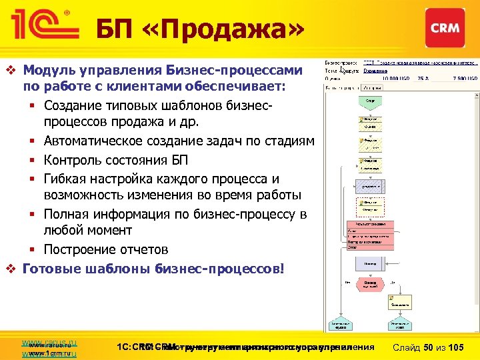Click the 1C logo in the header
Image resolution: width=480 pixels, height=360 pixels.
pyautogui.click(x=41, y=27)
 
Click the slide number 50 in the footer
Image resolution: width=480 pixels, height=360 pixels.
pyautogui.click(x=431, y=347)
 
